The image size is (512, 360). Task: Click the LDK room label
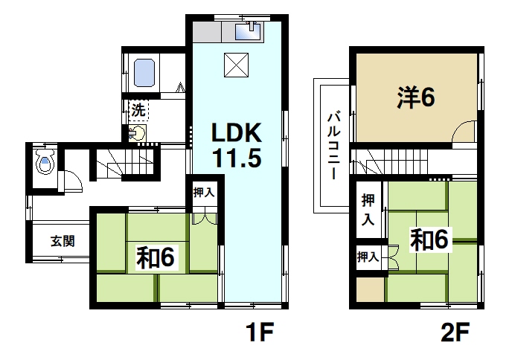coord(237,134)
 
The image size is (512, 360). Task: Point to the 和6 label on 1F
coord(156,257)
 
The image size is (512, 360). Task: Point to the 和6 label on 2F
coord(430,240)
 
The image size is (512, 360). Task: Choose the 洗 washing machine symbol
coord(138,111)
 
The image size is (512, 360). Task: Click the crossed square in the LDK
coord(237,65)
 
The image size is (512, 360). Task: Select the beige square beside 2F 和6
coord(368,288)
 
